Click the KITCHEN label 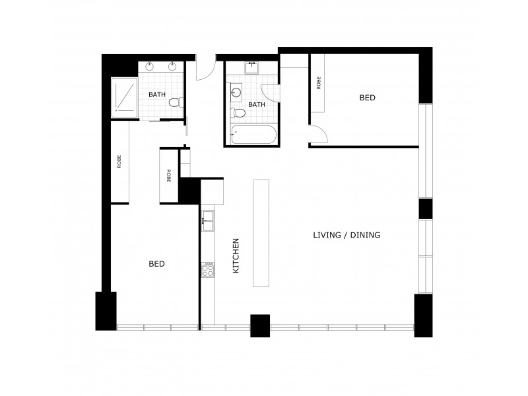[x=236, y=257]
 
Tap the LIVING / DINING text [x=346, y=235]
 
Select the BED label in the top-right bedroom [x=367, y=98]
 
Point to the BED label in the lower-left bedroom [x=156, y=264]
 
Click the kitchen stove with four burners [x=207, y=269]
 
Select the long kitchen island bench [x=261, y=232]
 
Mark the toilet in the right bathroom [x=240, y=114]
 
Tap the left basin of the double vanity [x=150, y=66]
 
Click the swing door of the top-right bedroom [x=317, y=134]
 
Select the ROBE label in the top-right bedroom [x=319, y=84]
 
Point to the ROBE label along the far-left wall [x=119, y=162]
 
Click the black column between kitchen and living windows [x=260, y=325]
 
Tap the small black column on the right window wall [x=425, y=208]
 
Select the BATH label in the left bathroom [x=157, y=94]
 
